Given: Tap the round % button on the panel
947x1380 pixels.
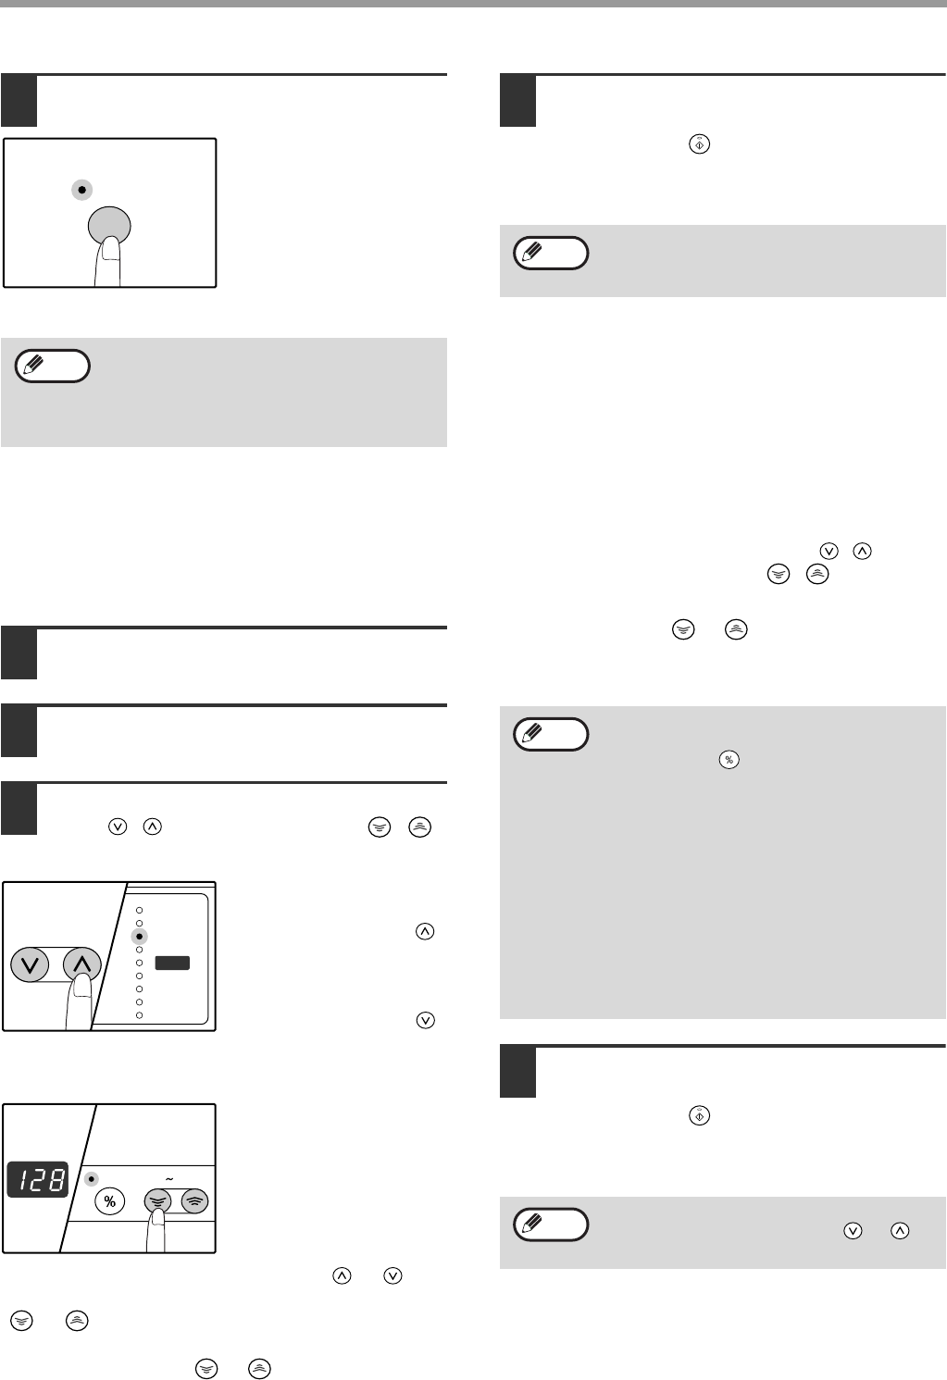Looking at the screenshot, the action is [x=110, y=1201].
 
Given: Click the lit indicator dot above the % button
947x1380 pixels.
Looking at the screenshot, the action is [x=91, y=1179].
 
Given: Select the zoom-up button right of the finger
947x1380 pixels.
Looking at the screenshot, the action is [x=194, y=1201].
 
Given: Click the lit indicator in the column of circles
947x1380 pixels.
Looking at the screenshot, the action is [x=140, y=936].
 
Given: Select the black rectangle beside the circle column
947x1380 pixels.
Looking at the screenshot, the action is [x=172, y=964].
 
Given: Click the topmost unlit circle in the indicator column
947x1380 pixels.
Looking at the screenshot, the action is [x=140, y=910].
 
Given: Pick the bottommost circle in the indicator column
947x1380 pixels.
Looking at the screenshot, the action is [x=140, y=1015].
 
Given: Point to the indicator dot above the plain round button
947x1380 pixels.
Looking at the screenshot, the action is [x=82, y=190].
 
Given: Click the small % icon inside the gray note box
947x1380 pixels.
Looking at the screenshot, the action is [x=729, y=760].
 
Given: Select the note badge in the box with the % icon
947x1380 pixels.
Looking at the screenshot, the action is [x=551, y=735].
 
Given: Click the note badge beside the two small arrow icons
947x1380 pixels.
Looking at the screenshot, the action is [x=551, y=1225].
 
